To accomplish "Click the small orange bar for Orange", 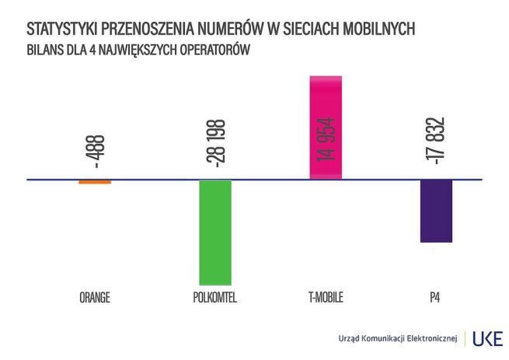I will coord(95,182).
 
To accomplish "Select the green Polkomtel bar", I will coord(215,232).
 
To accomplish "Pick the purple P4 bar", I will coord(436,211).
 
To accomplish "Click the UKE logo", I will coord(487,338).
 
